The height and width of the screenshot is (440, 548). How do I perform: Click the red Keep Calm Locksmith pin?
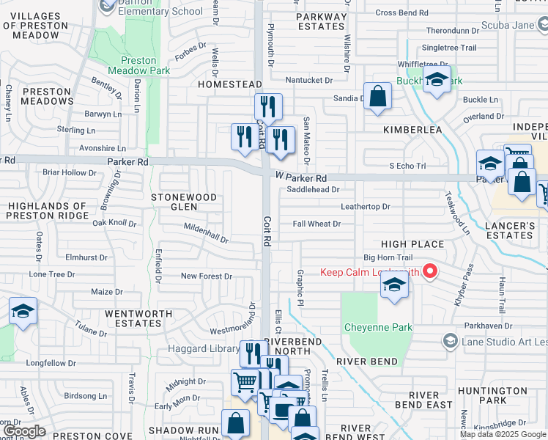[430, 273]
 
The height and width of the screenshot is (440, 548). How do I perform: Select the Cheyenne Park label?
[378, 327]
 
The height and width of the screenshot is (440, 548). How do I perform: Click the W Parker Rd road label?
[301, 178]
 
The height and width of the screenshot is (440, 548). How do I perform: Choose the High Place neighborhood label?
[412, 243]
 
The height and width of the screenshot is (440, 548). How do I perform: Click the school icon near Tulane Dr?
[23, 312]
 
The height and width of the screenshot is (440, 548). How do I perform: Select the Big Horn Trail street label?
[388, 257]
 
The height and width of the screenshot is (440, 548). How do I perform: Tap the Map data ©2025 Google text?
[503, 434]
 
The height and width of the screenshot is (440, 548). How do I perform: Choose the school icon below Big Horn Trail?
[393, 286]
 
